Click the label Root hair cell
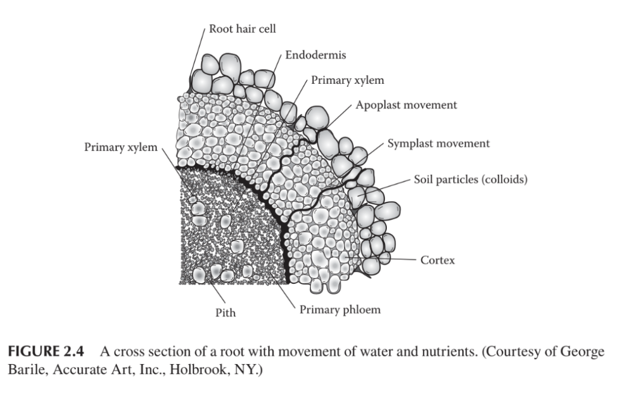pyautogui.click(x=242, y=29)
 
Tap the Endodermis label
pyautogui.click(x=316, y=55)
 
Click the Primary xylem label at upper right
pyautogui.click(x=347, y=80)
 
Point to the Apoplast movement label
pyautogui.click(x=406, y=105)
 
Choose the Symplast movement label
pyautogui.click(x=438, y=144)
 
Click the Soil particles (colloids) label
pyautogui.click(x=471, y=180)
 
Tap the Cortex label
pyautogui.click(x=437, y=260)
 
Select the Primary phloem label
pyautogui.click(x=340, y=310)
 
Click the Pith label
pyautogui.click(x=226, y=313)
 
